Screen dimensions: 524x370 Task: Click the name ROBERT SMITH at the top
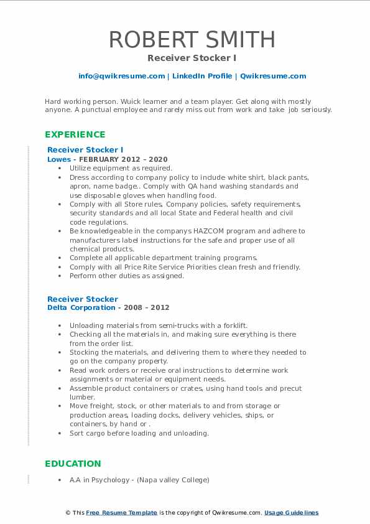click(x=185, y=39)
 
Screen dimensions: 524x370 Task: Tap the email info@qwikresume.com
click(x=121, y=76)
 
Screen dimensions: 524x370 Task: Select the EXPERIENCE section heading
click(x=75, y=134)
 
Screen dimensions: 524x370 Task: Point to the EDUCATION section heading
click(x=73, y=464)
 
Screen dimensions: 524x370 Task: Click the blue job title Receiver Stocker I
click(x=85, y=150)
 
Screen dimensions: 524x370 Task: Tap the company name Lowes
click(x=59, y=159)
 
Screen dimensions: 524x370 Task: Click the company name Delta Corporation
click(x=81, y=307)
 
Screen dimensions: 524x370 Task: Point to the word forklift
click(x=233, y=325)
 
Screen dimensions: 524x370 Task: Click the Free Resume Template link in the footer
click(x=122, y=513)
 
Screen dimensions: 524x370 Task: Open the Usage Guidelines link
click(x=291, y=513)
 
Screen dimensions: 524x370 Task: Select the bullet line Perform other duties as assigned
click(x=127, y=276)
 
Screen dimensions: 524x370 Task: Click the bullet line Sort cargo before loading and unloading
click(x=139, y=433)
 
